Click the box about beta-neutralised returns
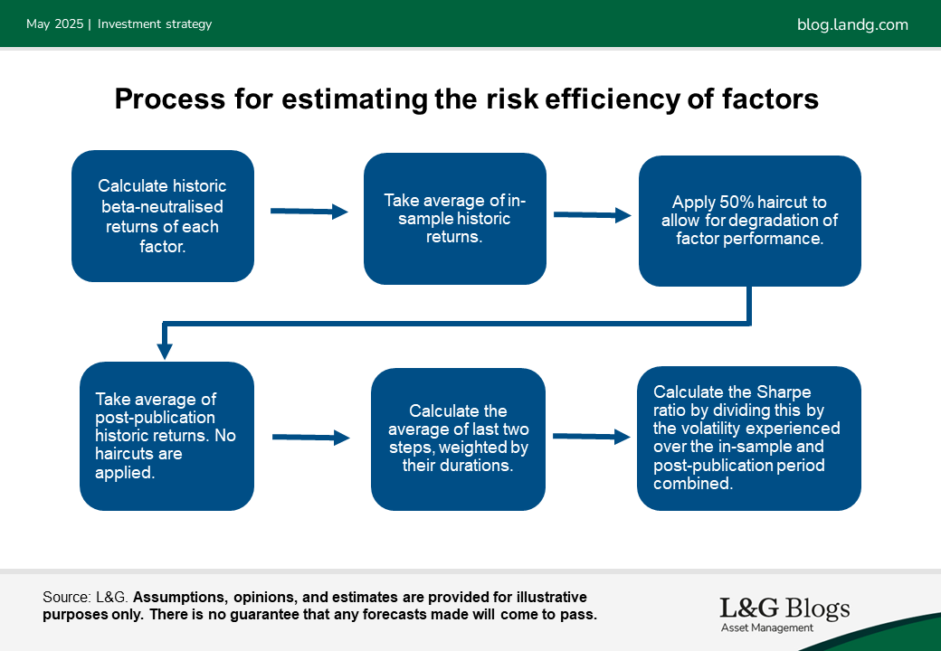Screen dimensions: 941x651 coord(163,216)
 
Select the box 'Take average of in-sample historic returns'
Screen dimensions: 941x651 coord(455,219)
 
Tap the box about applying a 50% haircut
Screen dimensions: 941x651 coord(749,221)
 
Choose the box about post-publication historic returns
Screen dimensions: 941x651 coord(166,436)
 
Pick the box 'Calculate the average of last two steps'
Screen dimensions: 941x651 coord(458,439)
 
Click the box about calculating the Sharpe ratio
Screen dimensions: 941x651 coord(749,439)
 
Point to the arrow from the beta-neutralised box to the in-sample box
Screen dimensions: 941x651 coord(309,211)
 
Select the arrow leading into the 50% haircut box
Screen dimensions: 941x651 coord(593,214)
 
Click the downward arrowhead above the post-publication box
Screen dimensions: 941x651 coord(165,352)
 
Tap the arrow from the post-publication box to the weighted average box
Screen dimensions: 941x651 coord(311,438)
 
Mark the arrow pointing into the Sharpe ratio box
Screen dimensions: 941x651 coord(592,437)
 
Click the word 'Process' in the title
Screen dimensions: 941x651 coord(170,99)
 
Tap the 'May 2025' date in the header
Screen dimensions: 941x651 coord(54,24)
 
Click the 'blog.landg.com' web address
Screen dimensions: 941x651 coord(852,24)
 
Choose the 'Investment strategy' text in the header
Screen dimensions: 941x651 coord(155,24)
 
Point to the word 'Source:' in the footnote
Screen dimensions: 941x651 coord(68,597)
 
